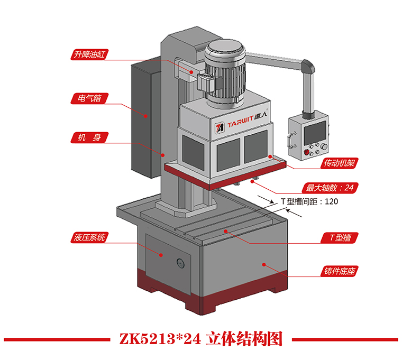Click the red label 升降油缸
click(88, 54)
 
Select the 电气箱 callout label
click(88, 98)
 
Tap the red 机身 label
click(88, 138)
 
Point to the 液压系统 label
click(88, 237)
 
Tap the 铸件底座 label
click(338, 272)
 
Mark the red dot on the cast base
click(263, 263)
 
